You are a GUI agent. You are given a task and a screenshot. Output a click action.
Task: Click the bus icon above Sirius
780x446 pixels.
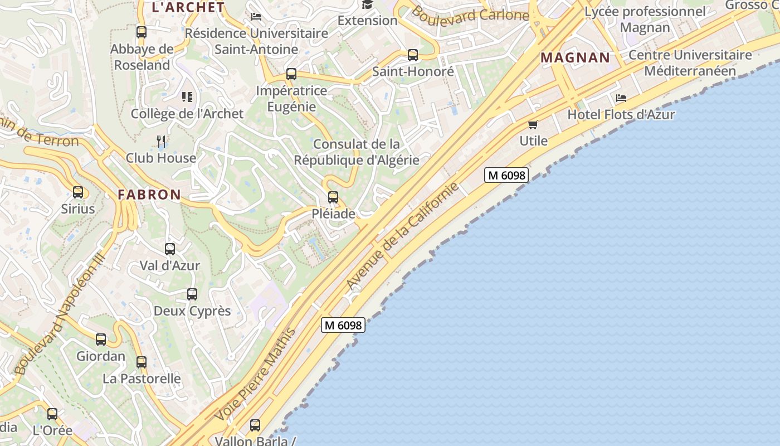[78, 192]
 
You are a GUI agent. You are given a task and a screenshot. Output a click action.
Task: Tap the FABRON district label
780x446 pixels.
[149, 195]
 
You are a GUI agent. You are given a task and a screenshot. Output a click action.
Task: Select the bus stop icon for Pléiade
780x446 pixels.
[333, 197]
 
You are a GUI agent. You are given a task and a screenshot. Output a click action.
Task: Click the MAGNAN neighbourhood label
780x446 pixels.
[576, 57]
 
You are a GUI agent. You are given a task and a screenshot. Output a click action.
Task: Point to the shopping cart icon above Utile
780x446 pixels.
[533, 124]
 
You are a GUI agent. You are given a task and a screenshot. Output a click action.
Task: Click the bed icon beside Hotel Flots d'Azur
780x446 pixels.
[621, 98]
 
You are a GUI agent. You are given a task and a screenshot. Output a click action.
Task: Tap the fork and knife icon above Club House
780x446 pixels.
[161, 141]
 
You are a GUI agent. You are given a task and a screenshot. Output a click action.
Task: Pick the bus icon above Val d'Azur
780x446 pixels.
[170, 249]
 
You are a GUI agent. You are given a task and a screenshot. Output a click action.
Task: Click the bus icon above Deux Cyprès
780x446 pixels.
[192, 294]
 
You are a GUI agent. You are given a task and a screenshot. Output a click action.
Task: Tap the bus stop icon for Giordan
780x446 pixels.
[101, 339]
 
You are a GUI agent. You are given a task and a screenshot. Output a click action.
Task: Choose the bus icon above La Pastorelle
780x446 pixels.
[142, 362]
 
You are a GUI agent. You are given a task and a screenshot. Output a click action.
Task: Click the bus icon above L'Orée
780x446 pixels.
[52, 414]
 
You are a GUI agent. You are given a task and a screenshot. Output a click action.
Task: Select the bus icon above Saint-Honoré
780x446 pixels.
[413, 55]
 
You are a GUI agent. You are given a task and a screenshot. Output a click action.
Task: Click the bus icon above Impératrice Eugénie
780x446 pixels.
[291, 74]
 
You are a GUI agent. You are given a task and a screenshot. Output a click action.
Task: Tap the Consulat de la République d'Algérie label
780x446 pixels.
[357, 152]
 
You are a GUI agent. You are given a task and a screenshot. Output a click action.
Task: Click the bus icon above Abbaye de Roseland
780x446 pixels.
[142, 32]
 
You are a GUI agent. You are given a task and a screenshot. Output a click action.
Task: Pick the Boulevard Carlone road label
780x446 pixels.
[469, 16]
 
